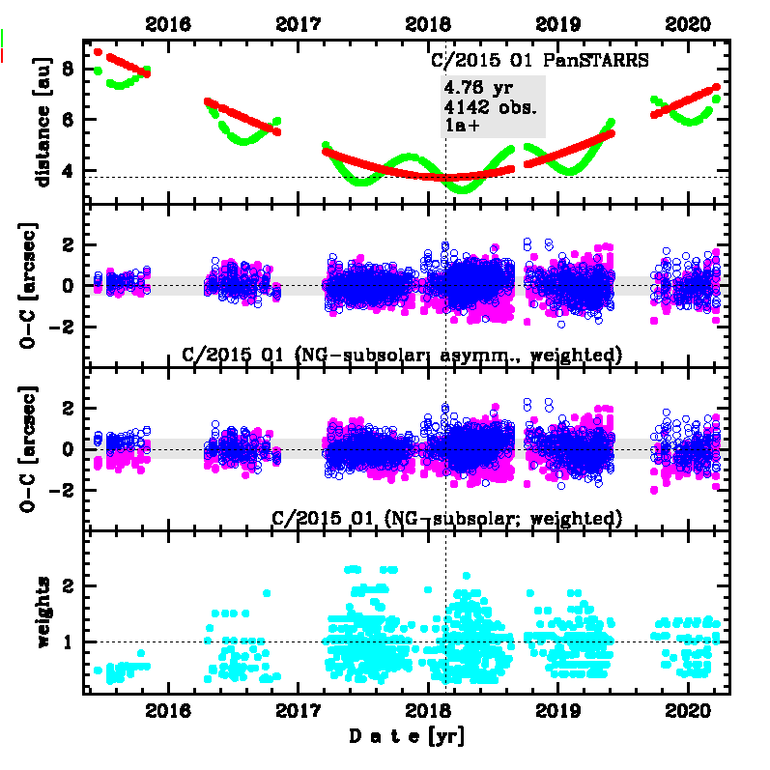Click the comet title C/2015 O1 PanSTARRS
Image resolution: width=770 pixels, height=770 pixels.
[539, 60]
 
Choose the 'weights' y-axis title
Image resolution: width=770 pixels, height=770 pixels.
[43, 611]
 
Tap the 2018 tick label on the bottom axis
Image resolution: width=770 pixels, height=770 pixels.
[428, 714]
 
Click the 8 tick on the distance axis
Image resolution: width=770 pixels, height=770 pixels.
[67, 69]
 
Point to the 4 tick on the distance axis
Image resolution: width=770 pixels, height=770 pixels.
[67, 171]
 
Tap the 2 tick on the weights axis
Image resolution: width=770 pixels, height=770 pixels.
[67, 586]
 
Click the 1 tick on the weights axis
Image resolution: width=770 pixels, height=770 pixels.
[67, 642]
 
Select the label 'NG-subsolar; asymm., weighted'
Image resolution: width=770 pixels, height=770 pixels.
[401, 355]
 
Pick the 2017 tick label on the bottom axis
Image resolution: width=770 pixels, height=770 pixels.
[298, 714]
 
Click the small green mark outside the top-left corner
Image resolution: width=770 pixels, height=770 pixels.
[4, 38]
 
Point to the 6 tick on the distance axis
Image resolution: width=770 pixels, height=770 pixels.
[67, 120]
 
